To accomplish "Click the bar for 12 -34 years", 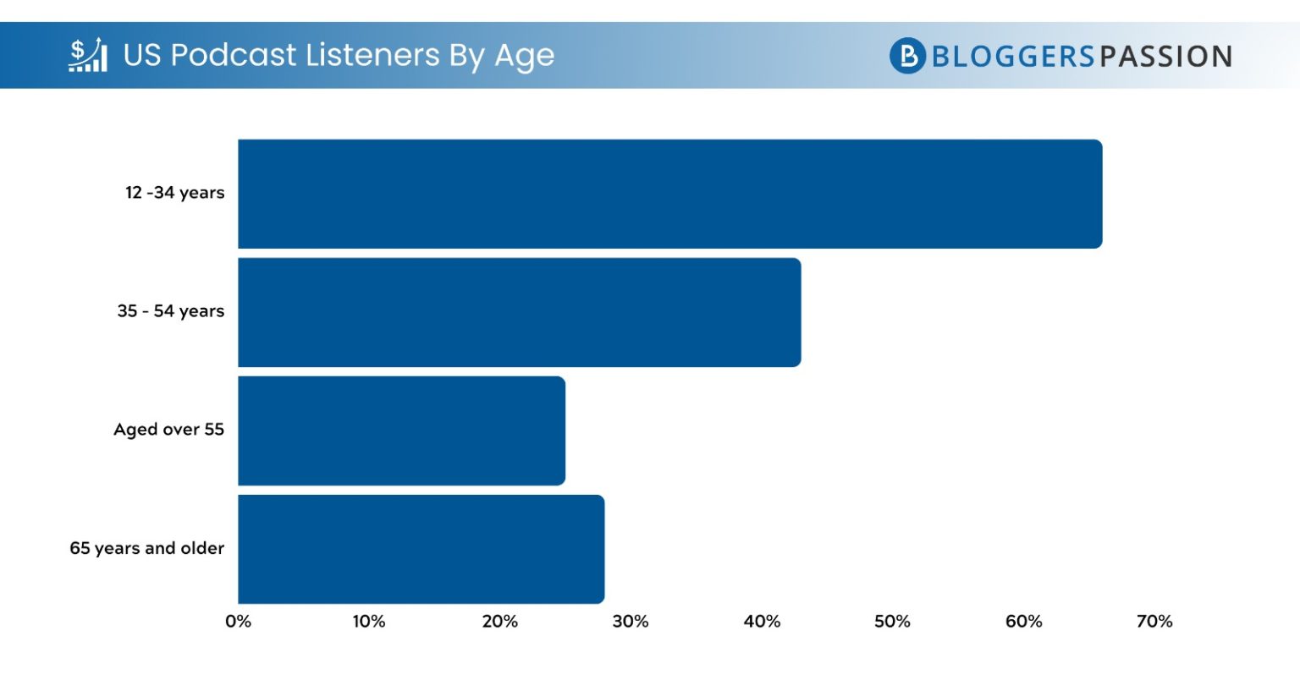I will coord(669,194).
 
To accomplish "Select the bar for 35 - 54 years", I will coord(519,312).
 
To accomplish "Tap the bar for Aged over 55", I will coord(401,430).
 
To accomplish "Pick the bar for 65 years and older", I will coord(421,549).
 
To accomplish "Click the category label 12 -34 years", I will coord(174,193).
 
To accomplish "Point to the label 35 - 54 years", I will coord(170,311).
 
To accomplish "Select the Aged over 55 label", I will coord(168,430).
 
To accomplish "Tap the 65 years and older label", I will coord(146,548).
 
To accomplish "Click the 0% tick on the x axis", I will coord(238,622).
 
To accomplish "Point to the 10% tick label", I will coord(368,622).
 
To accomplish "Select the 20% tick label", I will coord(499,622).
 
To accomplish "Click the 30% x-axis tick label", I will coord(631,622).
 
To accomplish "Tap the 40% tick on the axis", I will coord(762,622).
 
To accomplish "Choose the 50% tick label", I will coord(892,622).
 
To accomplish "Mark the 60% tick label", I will coord(1023,622).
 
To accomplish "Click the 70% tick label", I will coord(1154,622).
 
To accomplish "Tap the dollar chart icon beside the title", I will coord(88,55).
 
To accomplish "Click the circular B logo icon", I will coord(907,56).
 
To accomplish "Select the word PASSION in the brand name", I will coord(1165,57).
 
